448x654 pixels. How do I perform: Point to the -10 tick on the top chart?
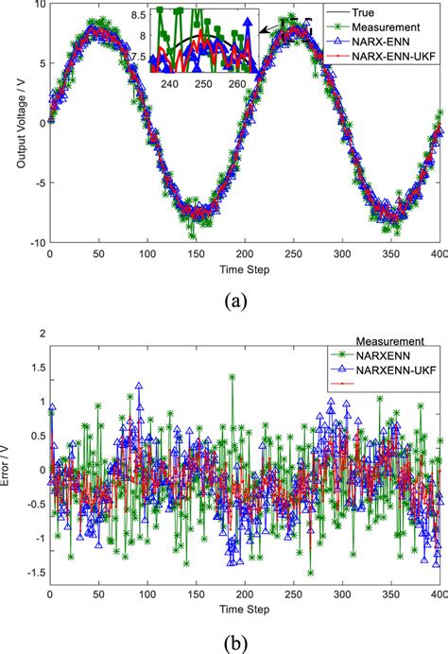[x=33, y=242]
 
